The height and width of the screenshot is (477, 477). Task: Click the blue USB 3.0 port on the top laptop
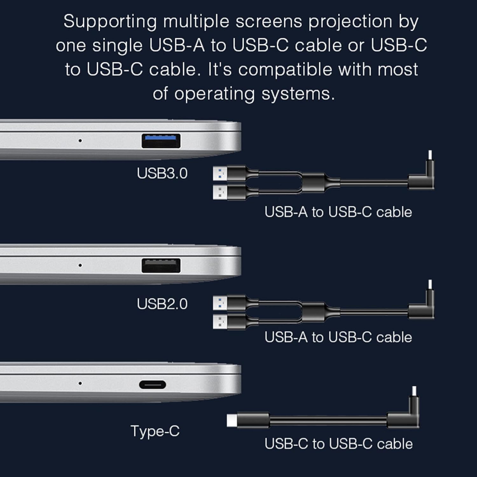point(161,141)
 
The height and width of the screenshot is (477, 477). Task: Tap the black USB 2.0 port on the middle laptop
point(161,266)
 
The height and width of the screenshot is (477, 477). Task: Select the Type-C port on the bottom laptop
point(153,385)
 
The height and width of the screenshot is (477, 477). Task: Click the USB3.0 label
point(162,173)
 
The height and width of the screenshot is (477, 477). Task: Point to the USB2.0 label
point(162,304)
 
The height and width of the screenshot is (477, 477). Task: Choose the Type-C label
point(155,432)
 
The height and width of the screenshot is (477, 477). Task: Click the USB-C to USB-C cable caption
point(339,444)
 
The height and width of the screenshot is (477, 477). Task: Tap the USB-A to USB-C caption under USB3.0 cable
point(338,212)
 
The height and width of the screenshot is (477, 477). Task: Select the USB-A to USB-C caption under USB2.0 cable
point(338,337)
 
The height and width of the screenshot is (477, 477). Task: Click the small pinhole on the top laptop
point(80,140)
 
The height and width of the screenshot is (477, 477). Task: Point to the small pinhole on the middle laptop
point(80,265)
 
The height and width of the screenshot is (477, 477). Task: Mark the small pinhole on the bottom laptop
point(80,383)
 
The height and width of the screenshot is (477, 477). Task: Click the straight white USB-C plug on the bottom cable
point(232,420)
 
